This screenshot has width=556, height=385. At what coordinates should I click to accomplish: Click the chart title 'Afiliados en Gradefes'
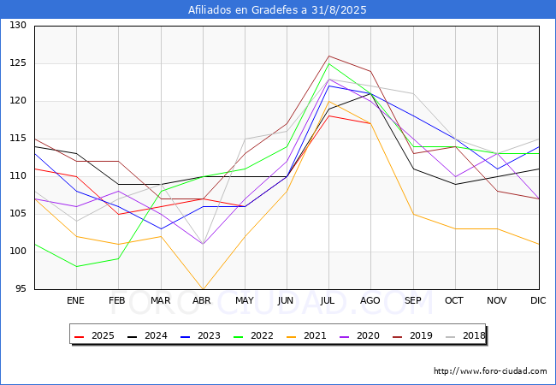[277, 10]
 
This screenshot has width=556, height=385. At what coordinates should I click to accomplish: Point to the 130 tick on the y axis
[18, 26]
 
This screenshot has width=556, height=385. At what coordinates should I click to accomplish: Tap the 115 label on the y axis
[18, 139]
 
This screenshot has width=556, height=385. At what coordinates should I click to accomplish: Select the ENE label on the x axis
[76, 301]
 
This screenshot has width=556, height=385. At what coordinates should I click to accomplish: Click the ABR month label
[202, 301]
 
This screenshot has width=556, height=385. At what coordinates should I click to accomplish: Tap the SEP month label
[412, 301]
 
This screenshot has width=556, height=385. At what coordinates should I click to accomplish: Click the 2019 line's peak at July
[329, 56]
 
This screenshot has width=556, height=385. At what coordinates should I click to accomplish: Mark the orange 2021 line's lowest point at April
[203, 289]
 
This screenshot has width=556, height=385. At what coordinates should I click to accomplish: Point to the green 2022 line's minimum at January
[76, 266]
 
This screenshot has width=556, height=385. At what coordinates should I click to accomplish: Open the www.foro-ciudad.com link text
[490, 371]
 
